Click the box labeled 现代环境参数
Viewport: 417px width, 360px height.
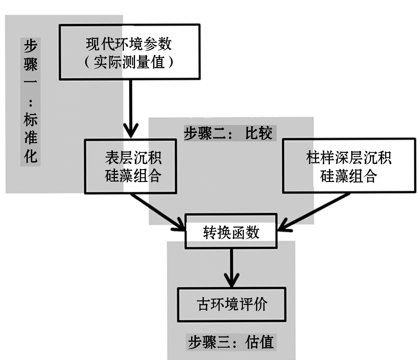[x=129, y=52]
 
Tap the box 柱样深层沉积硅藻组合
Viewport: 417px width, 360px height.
[x=349, y=166]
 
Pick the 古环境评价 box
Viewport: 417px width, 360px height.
[x=231, y=304]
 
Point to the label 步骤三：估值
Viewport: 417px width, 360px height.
[x=231, y=341]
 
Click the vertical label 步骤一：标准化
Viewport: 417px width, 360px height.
[x=30, y=102]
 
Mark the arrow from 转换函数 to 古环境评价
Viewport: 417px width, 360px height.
[x=231, y=265]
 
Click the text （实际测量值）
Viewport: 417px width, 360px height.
[x=129, y=62]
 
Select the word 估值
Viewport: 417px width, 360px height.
[x=260, y=341]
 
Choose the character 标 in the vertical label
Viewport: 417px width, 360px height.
[x=30, y=119]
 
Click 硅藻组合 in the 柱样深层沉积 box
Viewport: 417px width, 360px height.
[x=349, y=176]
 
